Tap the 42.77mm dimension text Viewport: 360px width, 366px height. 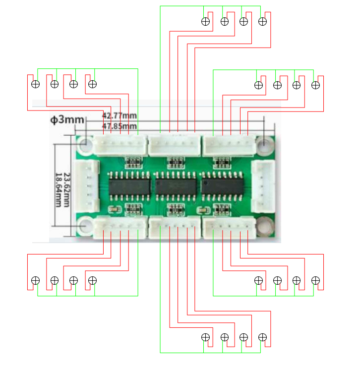coord(119,116)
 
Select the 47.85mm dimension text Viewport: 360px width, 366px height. coord(119,126)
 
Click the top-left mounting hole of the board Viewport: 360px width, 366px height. coord(85,145)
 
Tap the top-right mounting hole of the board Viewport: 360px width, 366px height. coord(266,144)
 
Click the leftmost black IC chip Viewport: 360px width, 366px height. coord(129,186)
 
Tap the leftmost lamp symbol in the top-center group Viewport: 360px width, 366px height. coord(205,21)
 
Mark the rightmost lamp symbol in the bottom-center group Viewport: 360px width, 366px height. coord(263,337)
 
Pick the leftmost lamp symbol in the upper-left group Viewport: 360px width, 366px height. coord(35,84)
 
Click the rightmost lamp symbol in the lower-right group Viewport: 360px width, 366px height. coord(315,280)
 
